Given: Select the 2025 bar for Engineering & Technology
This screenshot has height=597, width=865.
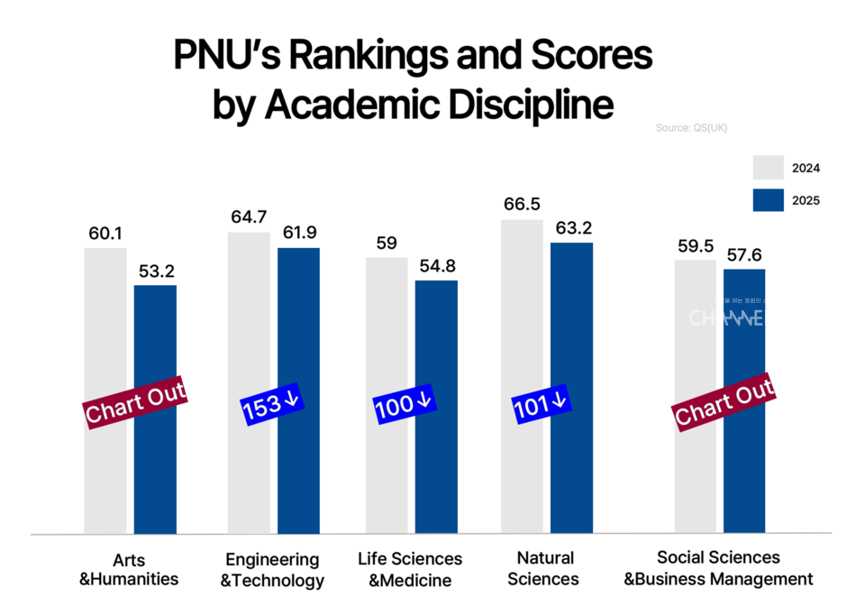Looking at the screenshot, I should click(298, 469).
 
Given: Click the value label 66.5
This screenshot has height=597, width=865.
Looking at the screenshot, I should click(522, 205).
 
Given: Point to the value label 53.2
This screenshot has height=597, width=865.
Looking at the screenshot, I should click(155, 271).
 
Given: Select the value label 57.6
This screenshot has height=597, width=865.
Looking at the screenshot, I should click(744, 254).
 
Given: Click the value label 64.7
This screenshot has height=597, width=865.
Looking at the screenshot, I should click(249, 217).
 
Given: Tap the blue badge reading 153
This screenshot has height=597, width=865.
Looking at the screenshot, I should click(274, 407).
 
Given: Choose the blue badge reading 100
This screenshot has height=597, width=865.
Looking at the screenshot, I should click(405, 406).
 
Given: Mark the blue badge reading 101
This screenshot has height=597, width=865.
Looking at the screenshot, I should click(542, 405).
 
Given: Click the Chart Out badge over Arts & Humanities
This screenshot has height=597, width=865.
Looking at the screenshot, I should click(135, 400).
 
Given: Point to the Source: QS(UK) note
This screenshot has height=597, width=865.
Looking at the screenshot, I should click(691, 128).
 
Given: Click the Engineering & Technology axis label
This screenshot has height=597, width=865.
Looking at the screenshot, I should click(272, 569).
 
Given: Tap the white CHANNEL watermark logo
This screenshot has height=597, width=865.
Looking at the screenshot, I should click(726, 317).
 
